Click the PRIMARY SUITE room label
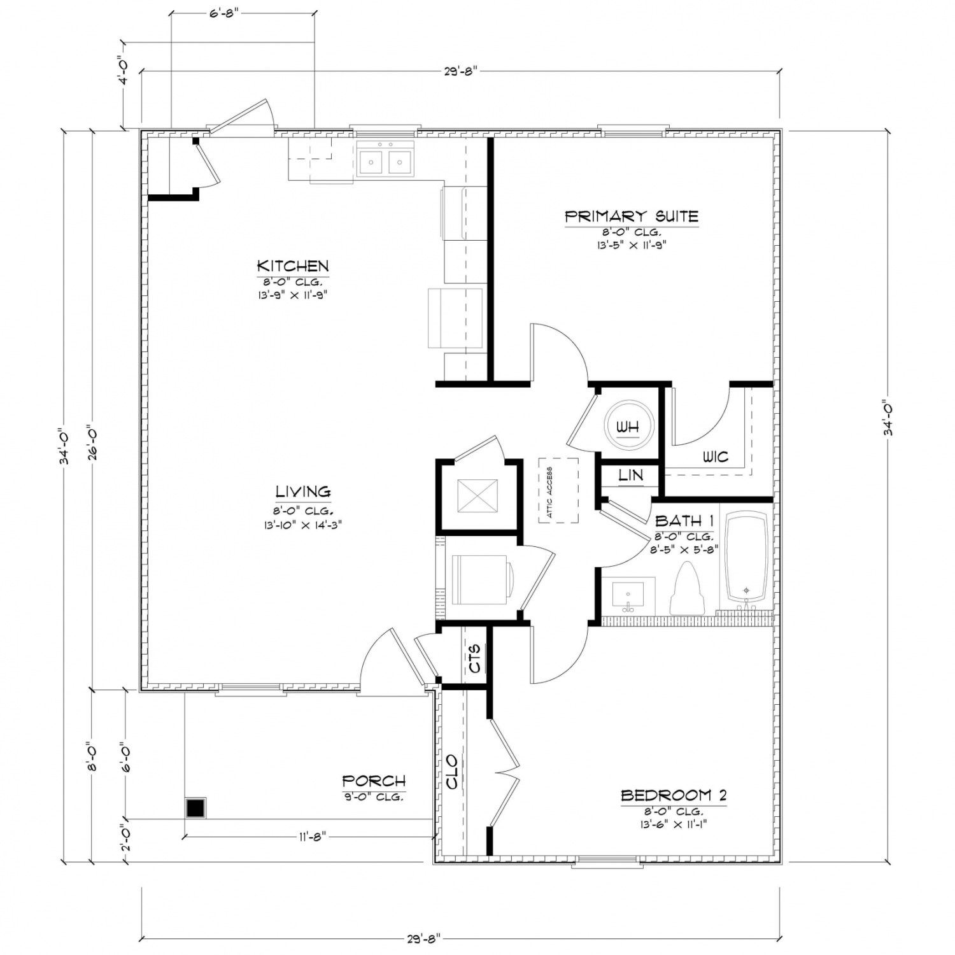(632, 216)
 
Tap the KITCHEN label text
(293, 265)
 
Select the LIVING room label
(303, 492)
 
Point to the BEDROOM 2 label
(674, 795)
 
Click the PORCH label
(374, 781)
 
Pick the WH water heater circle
(628, 427)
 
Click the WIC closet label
(715, 456)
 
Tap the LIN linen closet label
(630, 475)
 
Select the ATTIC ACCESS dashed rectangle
(558, 490)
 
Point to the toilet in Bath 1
(687, 588)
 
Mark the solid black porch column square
(195, 808)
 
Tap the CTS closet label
(475, 658)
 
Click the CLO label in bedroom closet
(452, 772)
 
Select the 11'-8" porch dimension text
(313, 836)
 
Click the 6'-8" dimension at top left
(223, 12)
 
